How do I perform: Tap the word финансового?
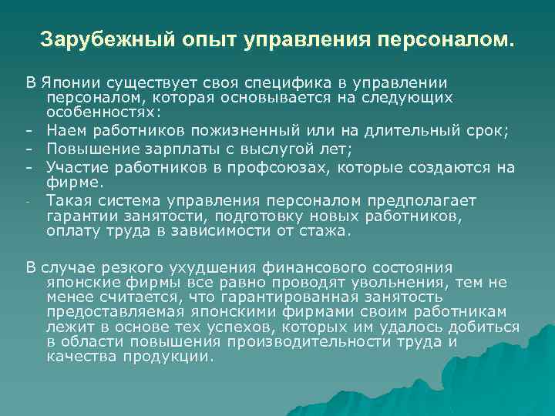(x=308, y=268)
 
